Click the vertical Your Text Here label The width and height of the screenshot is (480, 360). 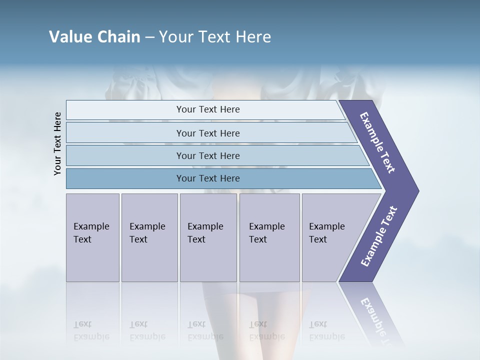tap(57, 143)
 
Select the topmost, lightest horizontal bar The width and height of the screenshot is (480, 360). tap(207, 109)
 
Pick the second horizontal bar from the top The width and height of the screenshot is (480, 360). tap(207, 133)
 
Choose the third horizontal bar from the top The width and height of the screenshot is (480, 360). tap(207, 155)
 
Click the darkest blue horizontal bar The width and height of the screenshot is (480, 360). tap(207, 178)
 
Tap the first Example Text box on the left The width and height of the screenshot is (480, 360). tap(92, 237)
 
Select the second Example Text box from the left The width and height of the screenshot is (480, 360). tap(149, 237)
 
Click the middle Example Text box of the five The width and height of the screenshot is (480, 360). tap(208, 237)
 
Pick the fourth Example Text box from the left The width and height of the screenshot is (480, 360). tap(269, 237)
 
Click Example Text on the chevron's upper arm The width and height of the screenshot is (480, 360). tap(377, 142)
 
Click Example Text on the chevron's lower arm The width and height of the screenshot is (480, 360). tap(379, 236)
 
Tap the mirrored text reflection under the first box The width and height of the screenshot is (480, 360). tap(91, 330)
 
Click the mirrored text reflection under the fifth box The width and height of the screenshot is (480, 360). tap(327, 330)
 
